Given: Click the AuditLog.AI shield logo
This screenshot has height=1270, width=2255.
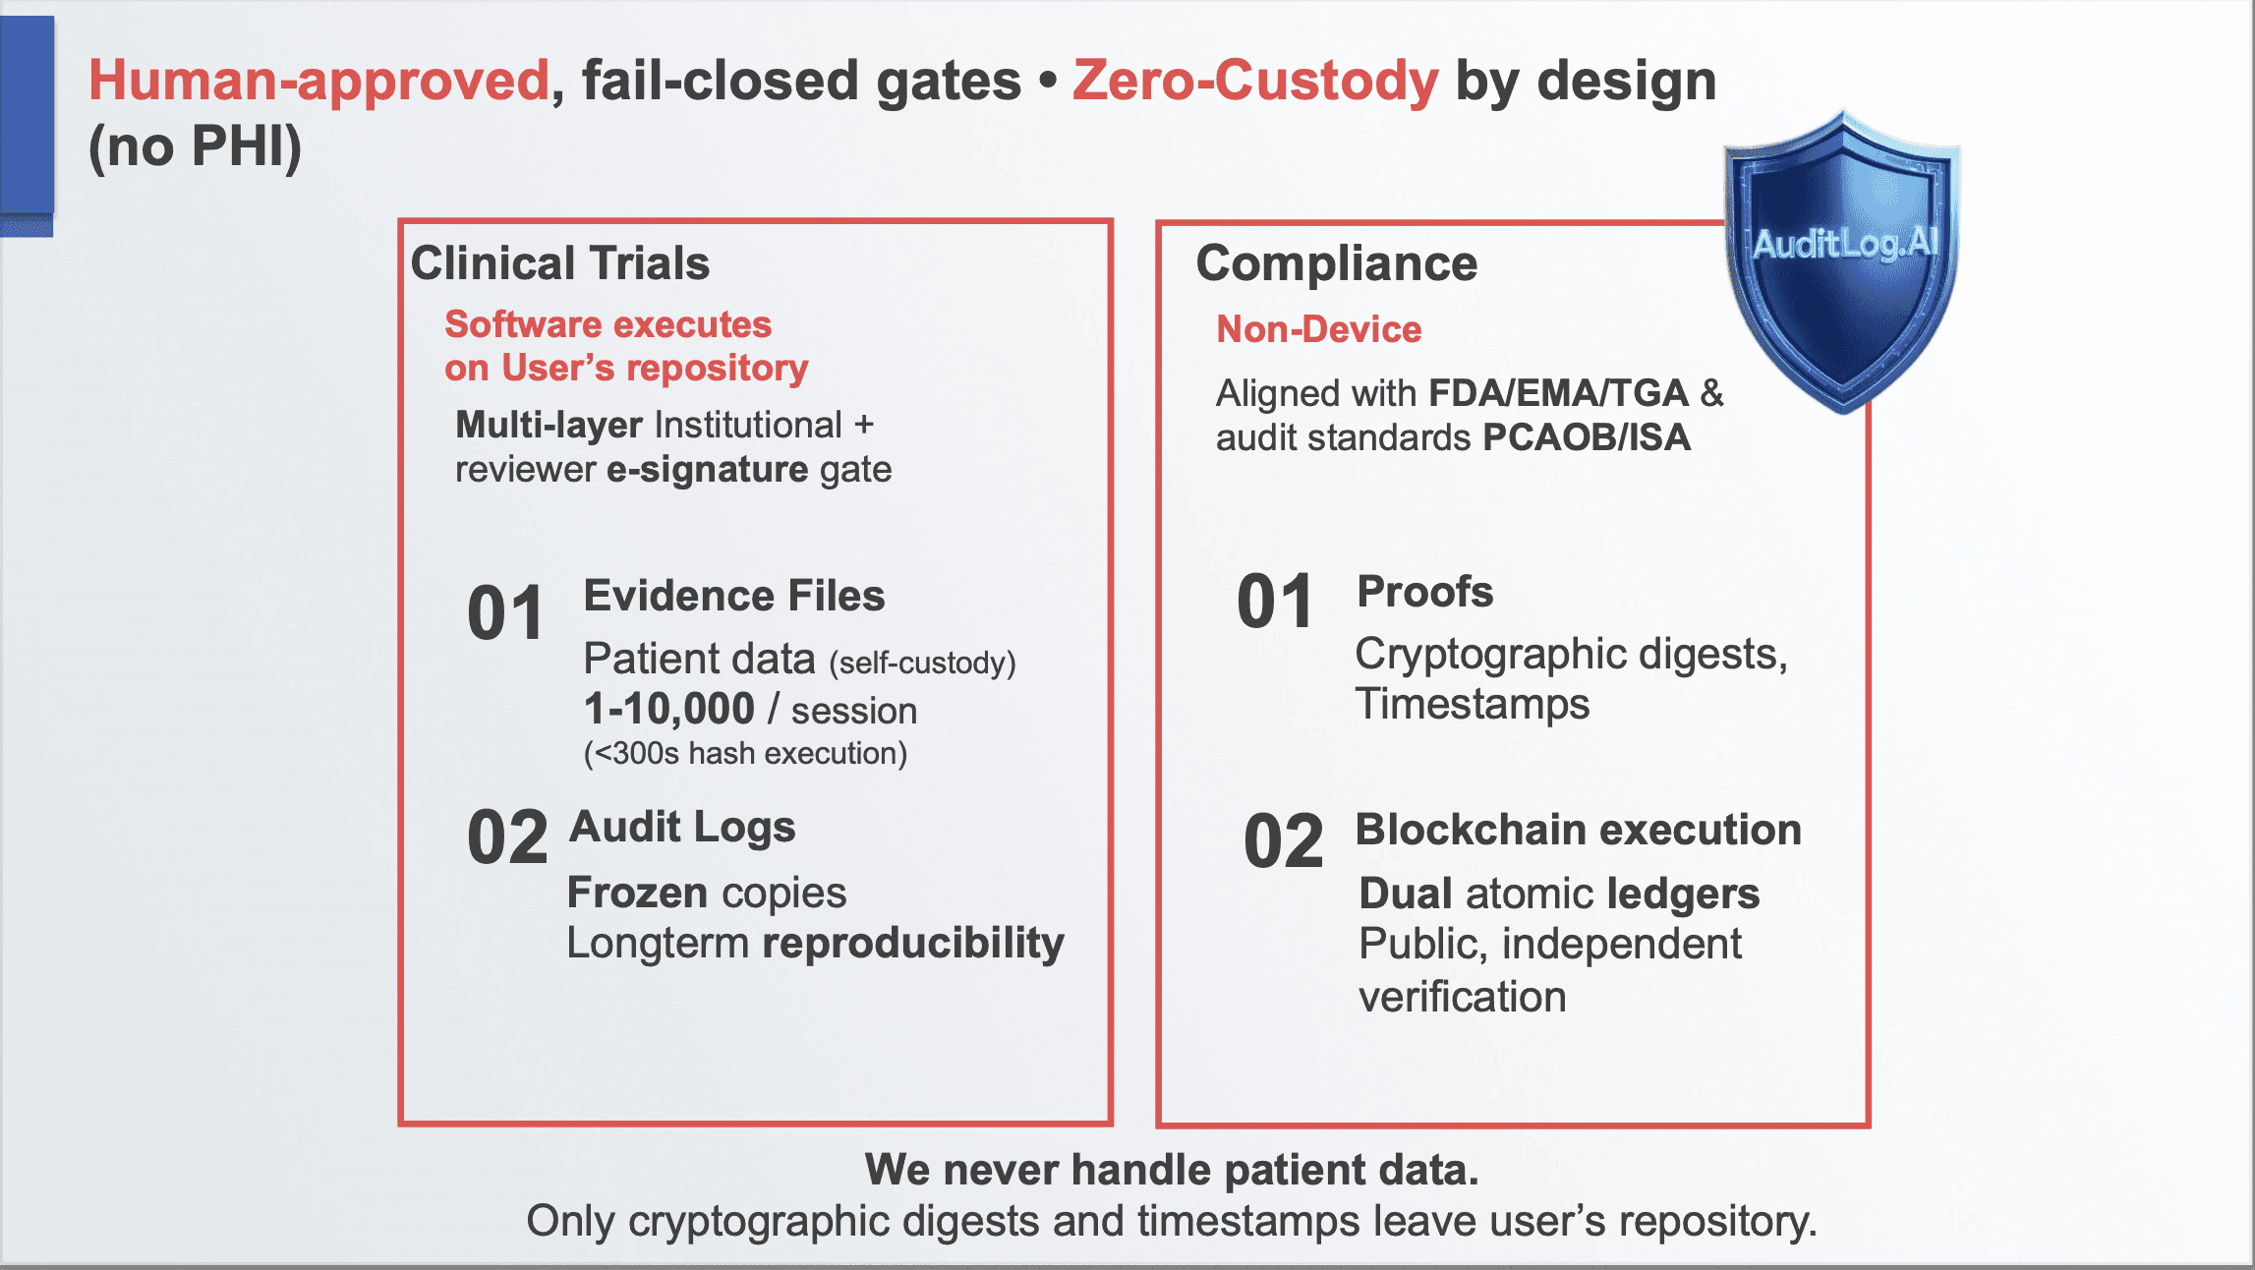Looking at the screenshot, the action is point(1843,260).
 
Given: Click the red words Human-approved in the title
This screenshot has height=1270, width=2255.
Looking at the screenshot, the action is point(318,81).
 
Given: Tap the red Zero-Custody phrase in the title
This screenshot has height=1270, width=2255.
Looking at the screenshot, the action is point(1255,81).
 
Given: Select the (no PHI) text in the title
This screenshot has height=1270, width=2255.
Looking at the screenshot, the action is point(195,147).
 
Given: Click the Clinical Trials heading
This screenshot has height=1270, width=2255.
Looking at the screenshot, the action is point(559,263).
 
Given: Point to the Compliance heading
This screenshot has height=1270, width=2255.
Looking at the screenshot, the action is point(1336,263).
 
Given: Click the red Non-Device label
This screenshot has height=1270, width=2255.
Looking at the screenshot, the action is point(1318,329).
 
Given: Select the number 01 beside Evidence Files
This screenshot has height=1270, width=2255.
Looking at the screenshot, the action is point(505,613).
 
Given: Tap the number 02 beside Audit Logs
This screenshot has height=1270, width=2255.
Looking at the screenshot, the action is point(507,837).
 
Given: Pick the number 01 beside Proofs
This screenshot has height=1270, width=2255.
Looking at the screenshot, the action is point(1275,602).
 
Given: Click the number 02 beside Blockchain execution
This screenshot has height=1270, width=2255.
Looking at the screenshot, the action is point(1283,841).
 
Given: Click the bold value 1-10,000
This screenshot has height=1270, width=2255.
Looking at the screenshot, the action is point(668,709).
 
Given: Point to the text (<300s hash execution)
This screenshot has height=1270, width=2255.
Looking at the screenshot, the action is point(745,754).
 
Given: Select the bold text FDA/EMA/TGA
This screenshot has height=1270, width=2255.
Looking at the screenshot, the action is point(1558,393).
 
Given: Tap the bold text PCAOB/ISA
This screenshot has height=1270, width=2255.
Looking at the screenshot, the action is point(1587,437).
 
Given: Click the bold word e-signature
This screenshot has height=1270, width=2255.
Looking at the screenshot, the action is point(707,470).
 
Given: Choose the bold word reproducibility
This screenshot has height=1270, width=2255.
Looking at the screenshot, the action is point(913,943).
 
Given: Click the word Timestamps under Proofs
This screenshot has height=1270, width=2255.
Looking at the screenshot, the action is point(1472,704).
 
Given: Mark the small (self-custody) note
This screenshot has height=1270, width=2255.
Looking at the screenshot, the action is point(922,664).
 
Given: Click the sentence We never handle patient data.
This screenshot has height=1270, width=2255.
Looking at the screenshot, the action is point(1172,1170).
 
